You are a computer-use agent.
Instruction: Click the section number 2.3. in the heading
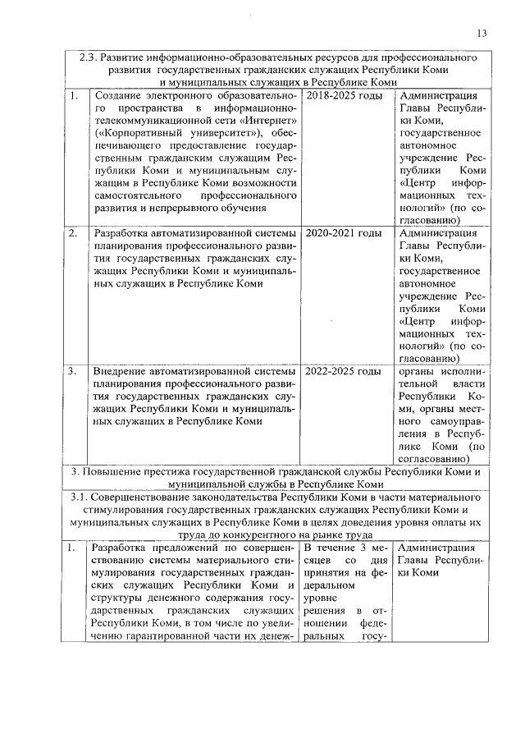pos(89,59)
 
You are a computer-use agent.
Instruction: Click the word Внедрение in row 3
pos(121,371)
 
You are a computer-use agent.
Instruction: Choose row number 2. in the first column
pos(74,233)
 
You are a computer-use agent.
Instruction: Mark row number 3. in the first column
pos(74,371)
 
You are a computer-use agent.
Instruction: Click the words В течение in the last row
pos(325,548)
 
